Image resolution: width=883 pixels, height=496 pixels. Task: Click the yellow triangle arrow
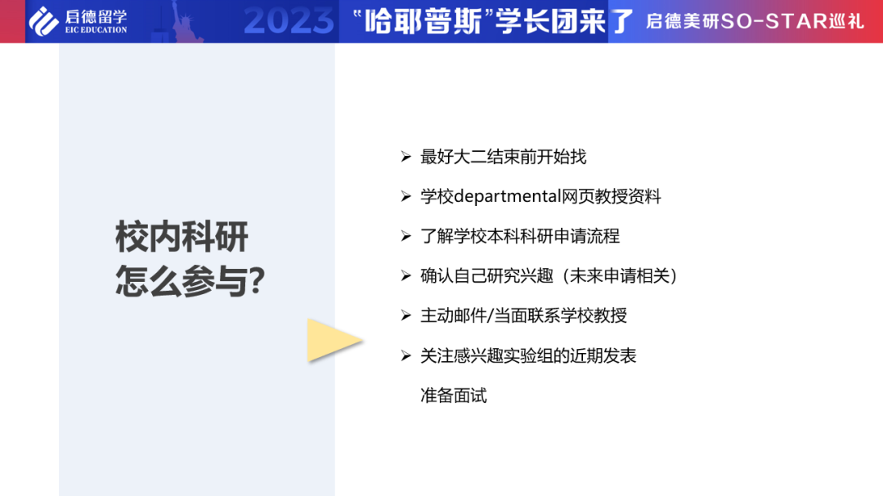(332, 340)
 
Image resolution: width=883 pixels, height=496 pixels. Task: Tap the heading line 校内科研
(182, 238)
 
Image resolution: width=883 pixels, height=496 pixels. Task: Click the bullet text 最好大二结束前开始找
(503, 157)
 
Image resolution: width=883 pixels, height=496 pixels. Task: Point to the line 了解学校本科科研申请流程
(520, 236)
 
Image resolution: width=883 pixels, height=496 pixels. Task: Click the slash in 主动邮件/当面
(489, 316)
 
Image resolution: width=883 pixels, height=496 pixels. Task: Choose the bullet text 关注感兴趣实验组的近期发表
(528, 355)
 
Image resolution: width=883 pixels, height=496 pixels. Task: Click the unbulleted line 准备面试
(454, 395)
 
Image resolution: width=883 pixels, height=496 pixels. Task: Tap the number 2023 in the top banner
(289, 21)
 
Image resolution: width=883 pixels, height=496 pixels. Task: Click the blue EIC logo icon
(44, 20)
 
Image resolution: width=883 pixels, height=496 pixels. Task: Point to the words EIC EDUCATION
(96, 30)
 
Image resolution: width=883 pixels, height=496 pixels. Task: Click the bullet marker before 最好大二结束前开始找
(406, 157)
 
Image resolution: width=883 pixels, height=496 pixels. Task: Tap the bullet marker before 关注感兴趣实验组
(406, 355)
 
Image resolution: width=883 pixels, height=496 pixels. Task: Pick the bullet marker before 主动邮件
(406, 316)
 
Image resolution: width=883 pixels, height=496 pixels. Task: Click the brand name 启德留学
(96, 16)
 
